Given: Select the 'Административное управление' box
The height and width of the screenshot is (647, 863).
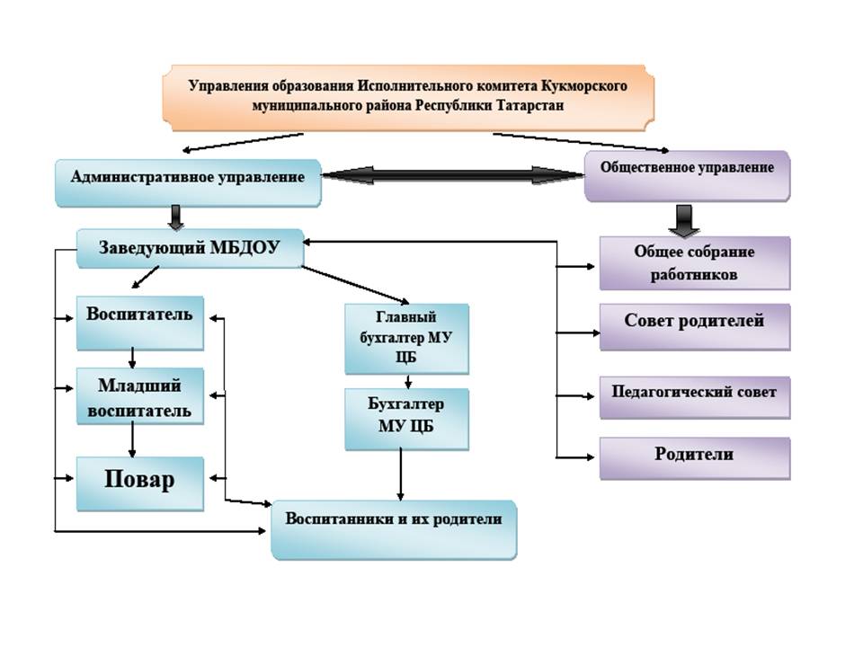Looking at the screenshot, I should click(x=187, y=178).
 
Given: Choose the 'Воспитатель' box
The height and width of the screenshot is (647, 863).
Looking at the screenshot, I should click(x=139, y=322).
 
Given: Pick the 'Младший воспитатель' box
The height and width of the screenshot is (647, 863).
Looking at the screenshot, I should click(x=139, y=397).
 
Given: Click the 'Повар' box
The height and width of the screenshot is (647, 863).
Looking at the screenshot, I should click(x=139, y=483).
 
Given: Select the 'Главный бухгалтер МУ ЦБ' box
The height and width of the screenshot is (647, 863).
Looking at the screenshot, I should click(x=406, y=338).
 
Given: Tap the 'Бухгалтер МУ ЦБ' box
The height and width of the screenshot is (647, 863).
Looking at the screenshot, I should click(x=406, y=419).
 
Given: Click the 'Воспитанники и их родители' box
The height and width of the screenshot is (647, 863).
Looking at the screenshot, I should click(x=394, y=527).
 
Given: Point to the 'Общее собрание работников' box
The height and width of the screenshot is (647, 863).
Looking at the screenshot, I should click(x=694, y=263).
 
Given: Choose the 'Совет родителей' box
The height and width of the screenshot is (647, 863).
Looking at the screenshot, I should click(x=694, y=326).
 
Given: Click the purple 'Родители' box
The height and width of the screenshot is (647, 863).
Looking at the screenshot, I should click(x=694, y=458).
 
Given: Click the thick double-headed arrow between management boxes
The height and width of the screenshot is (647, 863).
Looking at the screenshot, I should click(x=453, y=175).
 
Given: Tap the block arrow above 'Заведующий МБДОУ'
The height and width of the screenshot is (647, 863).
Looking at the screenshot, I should click(x=175, y=217).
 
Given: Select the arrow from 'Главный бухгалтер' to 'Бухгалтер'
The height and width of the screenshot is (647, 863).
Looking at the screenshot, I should click(x=407, y=381).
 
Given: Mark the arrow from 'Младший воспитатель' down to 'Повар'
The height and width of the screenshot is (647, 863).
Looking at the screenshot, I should click(x=133, y=440).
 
